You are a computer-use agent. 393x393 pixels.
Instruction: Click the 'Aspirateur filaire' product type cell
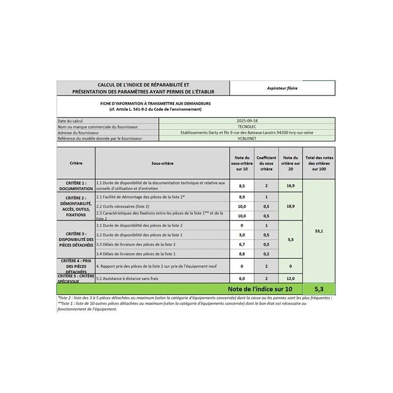coord(282,88)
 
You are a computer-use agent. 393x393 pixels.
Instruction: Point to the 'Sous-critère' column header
coord(162,163)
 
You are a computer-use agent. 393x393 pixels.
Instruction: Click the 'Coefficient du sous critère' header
coord(267,163)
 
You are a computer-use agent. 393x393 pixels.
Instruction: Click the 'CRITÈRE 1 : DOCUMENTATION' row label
coord(76,185)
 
